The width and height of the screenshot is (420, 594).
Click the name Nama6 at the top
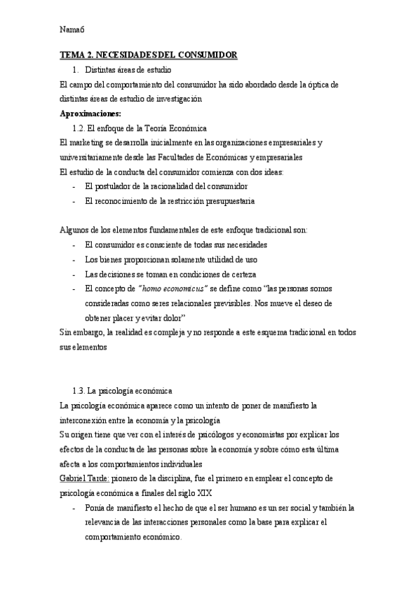point(72,29)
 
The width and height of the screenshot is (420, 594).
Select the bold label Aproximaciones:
point(90,113)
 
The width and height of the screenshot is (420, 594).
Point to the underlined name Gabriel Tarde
point(84,478)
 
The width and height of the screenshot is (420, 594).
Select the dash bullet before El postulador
point(74,187)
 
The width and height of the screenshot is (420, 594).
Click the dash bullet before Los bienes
point(74,259)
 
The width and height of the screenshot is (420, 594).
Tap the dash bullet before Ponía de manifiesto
point(74,508)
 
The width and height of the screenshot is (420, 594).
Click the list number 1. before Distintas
point(76,69)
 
